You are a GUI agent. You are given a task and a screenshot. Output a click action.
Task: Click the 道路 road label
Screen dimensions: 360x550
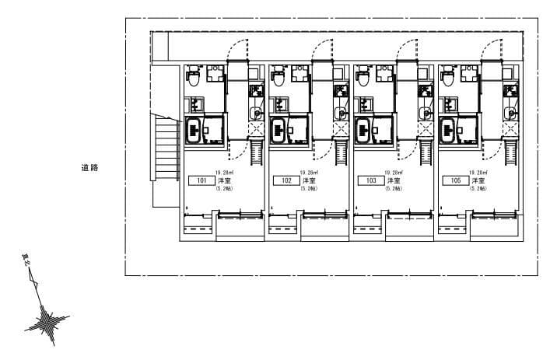tap(89, 167)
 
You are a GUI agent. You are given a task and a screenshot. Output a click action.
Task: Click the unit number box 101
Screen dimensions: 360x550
tap(201, 181)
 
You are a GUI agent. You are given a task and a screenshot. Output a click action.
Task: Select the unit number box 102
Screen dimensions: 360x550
tap(286, 181)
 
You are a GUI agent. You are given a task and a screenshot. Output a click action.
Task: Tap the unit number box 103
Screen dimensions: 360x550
tap(370, 181)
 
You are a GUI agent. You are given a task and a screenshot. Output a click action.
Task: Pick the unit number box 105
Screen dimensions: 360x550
tap(455, 181)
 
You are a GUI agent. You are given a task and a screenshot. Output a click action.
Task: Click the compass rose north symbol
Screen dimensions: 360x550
tap(50, 319)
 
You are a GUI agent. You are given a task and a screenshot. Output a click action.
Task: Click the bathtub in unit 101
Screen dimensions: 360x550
tap(193, 131)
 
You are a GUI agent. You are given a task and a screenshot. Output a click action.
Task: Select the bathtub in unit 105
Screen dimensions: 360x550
tap(447, 131)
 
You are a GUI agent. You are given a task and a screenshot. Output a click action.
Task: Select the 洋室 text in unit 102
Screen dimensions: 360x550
tap(309, 180)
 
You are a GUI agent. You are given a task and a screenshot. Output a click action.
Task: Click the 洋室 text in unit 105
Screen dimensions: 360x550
tap(478, 180)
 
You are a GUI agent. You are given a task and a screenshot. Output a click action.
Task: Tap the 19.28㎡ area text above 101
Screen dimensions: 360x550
tap(224, 173)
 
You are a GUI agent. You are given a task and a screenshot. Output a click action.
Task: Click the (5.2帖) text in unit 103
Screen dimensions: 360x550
tap(394, 189)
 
